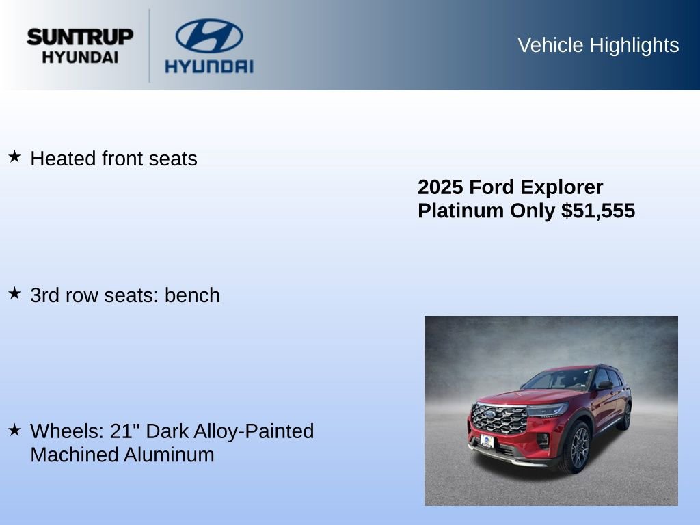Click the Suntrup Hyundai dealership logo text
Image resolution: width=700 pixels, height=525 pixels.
[x=80, y=46]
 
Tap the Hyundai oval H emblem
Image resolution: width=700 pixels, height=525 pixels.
[x=208, y=36]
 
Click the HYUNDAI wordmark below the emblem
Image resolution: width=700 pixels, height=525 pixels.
[x=208, y=66]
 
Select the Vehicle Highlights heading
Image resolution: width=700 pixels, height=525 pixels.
[x=598, y=45]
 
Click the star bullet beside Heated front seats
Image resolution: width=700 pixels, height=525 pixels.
[x=14, y=157]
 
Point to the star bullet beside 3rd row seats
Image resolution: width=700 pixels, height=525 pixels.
[x=14, y=294]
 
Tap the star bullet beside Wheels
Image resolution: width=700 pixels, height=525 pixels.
[x=14, y=430]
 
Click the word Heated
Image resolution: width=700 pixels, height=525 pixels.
[x=64, y=159]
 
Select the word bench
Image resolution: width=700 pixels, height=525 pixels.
[x=192, y=295]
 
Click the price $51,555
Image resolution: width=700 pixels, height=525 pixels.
[x=598, y=211]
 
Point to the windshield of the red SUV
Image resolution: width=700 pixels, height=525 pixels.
[x=558, y=379]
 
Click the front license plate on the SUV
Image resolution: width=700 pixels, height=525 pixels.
[x=487, y=441]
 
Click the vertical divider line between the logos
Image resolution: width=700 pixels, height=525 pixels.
[x=150, y=46]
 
